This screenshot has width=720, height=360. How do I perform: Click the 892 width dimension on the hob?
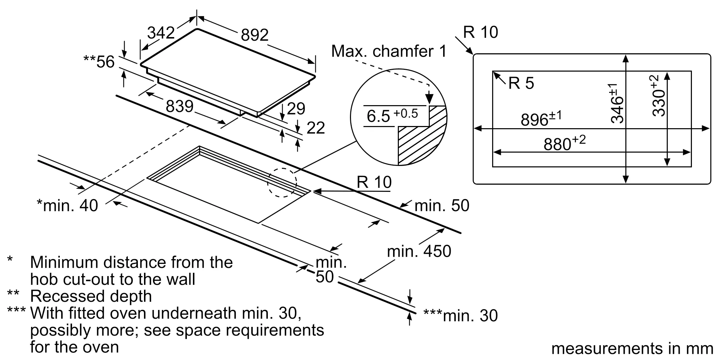(255, 35)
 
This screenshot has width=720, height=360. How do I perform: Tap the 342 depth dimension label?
(161, 33)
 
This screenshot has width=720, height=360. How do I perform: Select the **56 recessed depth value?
(99, 62)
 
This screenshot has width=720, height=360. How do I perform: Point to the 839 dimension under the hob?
(180, 106)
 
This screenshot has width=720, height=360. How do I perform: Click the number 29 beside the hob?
(296, 109)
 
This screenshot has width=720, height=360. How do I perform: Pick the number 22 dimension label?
(315, 128)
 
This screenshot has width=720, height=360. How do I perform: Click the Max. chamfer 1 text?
(388, 51)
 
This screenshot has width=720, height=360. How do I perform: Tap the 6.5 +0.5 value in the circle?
(392, 116)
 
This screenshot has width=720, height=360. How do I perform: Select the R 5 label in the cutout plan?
(521, 83)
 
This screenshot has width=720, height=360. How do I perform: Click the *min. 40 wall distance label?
(67, 206)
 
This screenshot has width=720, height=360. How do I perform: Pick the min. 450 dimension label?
(419, 251)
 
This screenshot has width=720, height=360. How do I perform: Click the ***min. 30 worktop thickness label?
(460, 315)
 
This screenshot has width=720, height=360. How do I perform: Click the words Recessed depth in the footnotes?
(91, 296)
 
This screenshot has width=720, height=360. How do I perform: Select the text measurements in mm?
(632, 348)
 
